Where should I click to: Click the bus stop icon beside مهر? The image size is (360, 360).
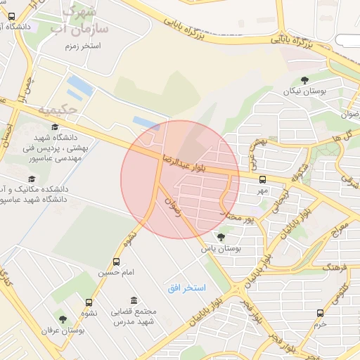[262, 179]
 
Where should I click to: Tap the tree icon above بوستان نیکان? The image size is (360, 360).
[304, 81]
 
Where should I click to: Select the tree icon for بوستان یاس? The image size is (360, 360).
[221, 238]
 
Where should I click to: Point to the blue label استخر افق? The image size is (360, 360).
[186, 288]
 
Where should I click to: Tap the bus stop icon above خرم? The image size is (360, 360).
[321, 313]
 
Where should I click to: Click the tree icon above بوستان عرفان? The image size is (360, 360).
[63, 319]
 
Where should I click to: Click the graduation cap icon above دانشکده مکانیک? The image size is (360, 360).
[32, 179]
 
